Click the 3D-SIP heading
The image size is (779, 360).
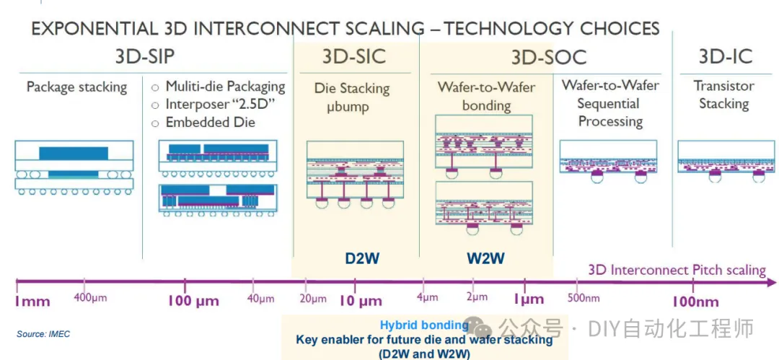pos(145,56)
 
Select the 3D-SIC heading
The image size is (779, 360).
pos(353,56)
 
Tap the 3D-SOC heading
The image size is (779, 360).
pos(549,57)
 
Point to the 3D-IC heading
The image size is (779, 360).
pos(726,56)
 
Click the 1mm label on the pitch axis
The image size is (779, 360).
pos(32,301)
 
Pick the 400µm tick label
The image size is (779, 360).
pos(90,299)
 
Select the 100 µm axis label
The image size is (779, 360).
pos(193,301)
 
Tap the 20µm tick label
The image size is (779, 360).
pos(313,299)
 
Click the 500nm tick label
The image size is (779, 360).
pos(584,299)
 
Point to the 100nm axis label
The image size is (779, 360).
pos(695,302)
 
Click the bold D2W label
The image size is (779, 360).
pos(363,258)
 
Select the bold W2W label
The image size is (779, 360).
pos(485,258)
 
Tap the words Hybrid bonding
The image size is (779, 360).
pos(424,325)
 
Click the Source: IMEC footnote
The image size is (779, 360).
pos(43,334)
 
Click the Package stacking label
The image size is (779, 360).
pos(77,87)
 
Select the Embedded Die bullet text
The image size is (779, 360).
pos(211,122)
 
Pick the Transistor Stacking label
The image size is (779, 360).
pos(724,95)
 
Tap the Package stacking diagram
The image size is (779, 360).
pos(74,167)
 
